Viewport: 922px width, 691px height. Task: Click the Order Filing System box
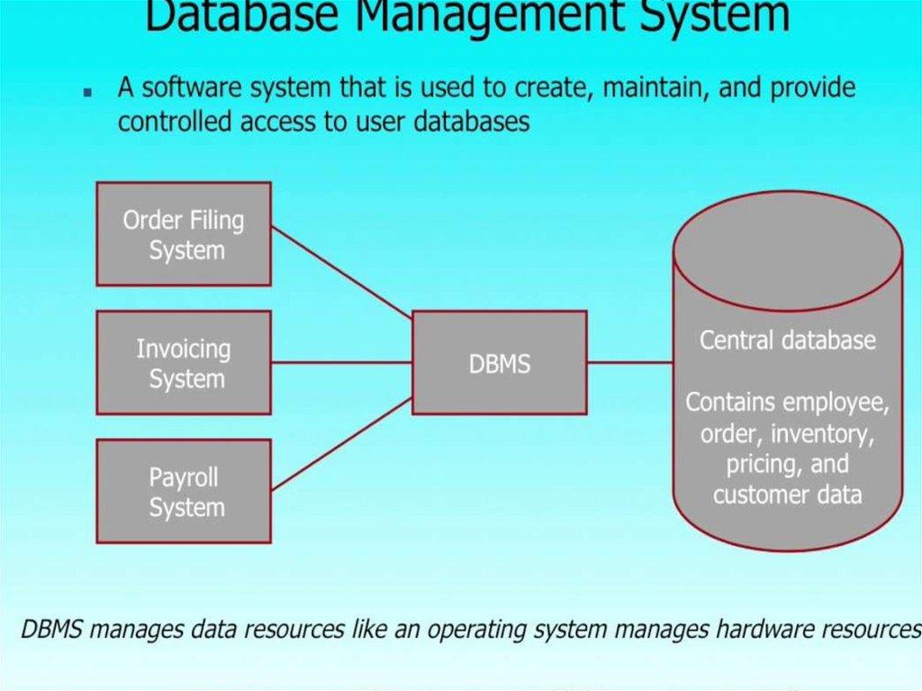click(x=184, y=234)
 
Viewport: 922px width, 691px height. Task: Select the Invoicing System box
click(x=184, y=363)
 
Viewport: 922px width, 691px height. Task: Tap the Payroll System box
click(x=184, y=492)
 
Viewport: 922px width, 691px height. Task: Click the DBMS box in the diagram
click(x=500, y=363)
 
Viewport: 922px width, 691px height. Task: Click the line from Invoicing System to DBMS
click(x=342, y=363)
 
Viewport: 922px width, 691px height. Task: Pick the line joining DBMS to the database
click(x=630, y=363)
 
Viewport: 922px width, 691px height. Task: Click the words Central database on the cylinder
click(x=787, y=341)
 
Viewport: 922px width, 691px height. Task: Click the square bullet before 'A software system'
click(x=87, y=92)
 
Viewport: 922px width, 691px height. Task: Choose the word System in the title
click(x=712, y=18)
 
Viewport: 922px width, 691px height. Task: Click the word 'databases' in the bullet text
click(x=472, y=122)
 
